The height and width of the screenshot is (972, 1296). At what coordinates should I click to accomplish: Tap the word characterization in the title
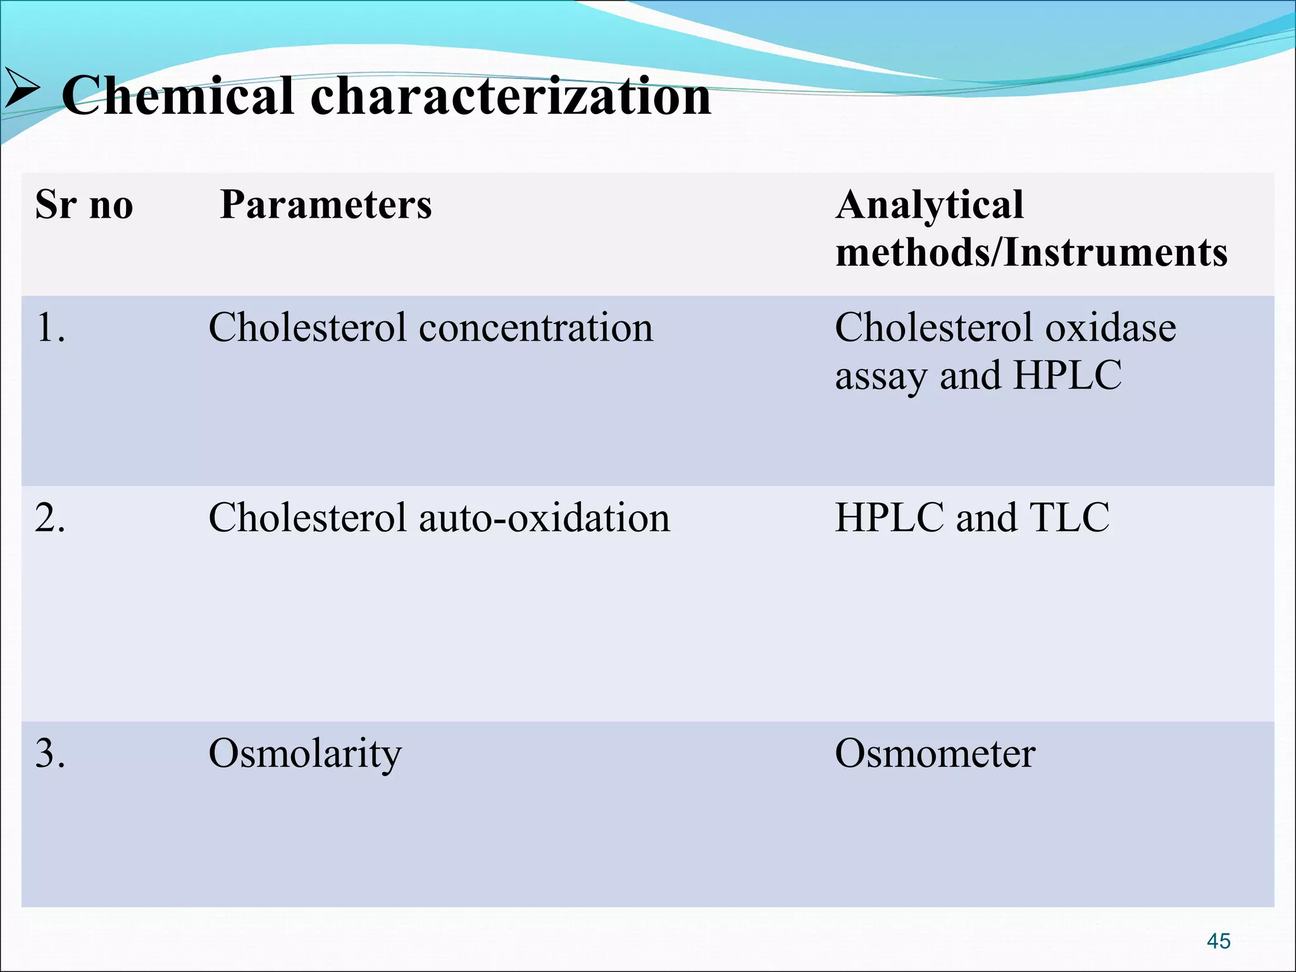tap(510, 96)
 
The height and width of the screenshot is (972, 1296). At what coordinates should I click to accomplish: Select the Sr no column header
tap(84, 205)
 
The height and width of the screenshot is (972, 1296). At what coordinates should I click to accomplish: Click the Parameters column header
tap(326, 205)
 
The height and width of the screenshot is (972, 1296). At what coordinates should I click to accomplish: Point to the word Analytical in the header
tap(929, 205)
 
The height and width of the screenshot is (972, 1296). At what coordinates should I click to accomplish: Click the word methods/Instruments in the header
tap(1031, 252)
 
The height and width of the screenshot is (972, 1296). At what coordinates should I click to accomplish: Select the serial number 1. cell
tap(51, 328)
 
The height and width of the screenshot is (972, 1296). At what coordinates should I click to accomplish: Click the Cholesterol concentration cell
tap(430, 328)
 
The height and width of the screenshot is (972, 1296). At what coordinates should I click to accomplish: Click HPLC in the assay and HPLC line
tap(1067, 376)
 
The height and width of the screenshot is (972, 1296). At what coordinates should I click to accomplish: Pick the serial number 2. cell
tap(51, 518)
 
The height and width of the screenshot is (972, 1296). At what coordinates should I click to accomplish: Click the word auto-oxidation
tap(544, 518)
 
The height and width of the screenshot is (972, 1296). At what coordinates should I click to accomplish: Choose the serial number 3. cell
tap(51, 754)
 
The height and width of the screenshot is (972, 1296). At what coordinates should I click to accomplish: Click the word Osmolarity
tap(305, 754)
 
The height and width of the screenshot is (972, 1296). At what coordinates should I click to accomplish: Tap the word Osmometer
tap(935, 754)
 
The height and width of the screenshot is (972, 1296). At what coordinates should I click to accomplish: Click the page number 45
tap(1218, 941)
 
